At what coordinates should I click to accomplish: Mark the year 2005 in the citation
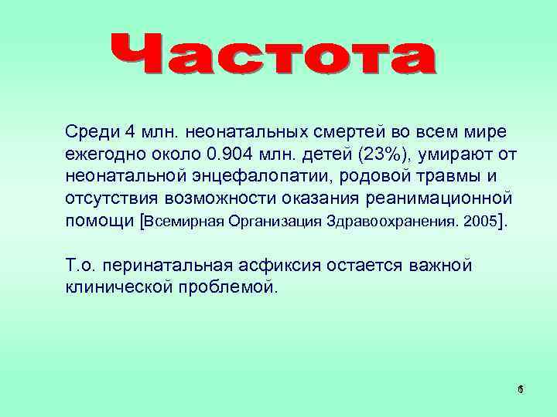pyautogui.click(x=478, y=222)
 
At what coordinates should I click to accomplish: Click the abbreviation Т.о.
pyautogui.click(x=80, y=267)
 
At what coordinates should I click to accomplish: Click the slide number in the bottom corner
pyautogui.click(x=520, y=391)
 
